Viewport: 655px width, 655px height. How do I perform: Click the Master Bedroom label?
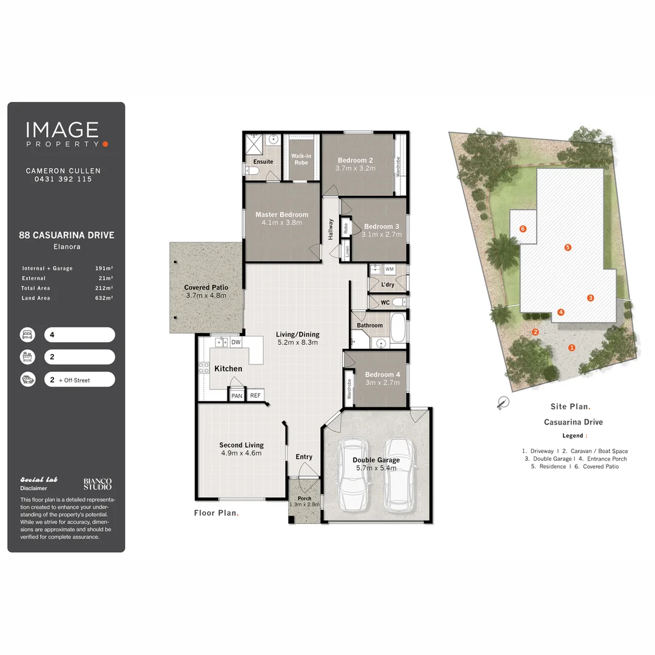click(x=281, y=214)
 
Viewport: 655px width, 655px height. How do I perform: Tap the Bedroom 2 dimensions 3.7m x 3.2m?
click(x=355, y=168)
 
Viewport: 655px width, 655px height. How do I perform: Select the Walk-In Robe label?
click(x=301, y=159)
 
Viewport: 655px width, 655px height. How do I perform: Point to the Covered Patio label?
click(x=206, y=287)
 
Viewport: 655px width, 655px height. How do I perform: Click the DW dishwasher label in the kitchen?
click(x=235, y=343)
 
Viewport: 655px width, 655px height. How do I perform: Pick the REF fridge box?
click(x=255, y=395)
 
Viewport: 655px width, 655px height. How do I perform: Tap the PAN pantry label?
click(x=237, y=395)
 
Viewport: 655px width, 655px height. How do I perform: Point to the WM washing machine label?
click(x=389, y=269)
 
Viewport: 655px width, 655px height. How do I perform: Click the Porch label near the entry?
click(x=304, y=499)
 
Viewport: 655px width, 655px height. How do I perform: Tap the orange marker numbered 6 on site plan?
click(x=523, y=229)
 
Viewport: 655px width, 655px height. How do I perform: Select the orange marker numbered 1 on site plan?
click(x=571, y=347)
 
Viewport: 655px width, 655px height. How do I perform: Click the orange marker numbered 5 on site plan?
click(x=568, y=247)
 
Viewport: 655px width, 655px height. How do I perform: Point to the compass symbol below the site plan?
click(x=502, y=402)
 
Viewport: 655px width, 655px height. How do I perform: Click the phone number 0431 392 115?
click(x=63, y=179)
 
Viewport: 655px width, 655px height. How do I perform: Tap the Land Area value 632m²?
click(x=104, y=298)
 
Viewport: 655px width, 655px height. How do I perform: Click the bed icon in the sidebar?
click(x=27, y=335)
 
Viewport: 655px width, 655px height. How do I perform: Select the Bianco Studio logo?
click(x=97, y=484)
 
